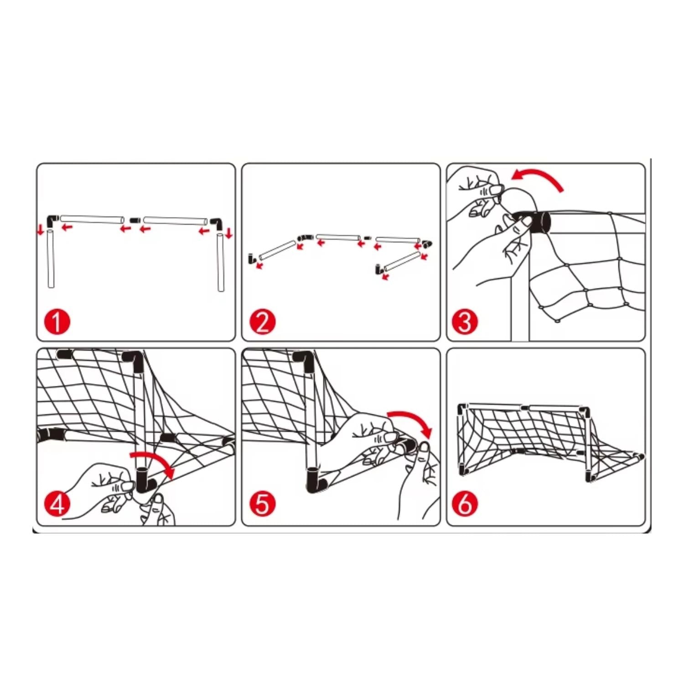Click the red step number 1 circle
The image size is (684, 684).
coord(57,322)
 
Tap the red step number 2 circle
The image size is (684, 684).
coord(263,322)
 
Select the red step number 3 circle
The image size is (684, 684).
coord(465,321)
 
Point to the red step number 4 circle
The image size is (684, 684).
coord(57,504)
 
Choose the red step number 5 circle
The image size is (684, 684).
coord(263,504)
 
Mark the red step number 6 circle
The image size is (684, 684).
coord(465,504)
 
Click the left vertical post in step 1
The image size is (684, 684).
coord(51,259)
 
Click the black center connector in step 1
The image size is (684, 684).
coord(134,220)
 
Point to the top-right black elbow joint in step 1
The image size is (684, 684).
coord(217,223)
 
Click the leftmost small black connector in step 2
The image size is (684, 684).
coord(250,259)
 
